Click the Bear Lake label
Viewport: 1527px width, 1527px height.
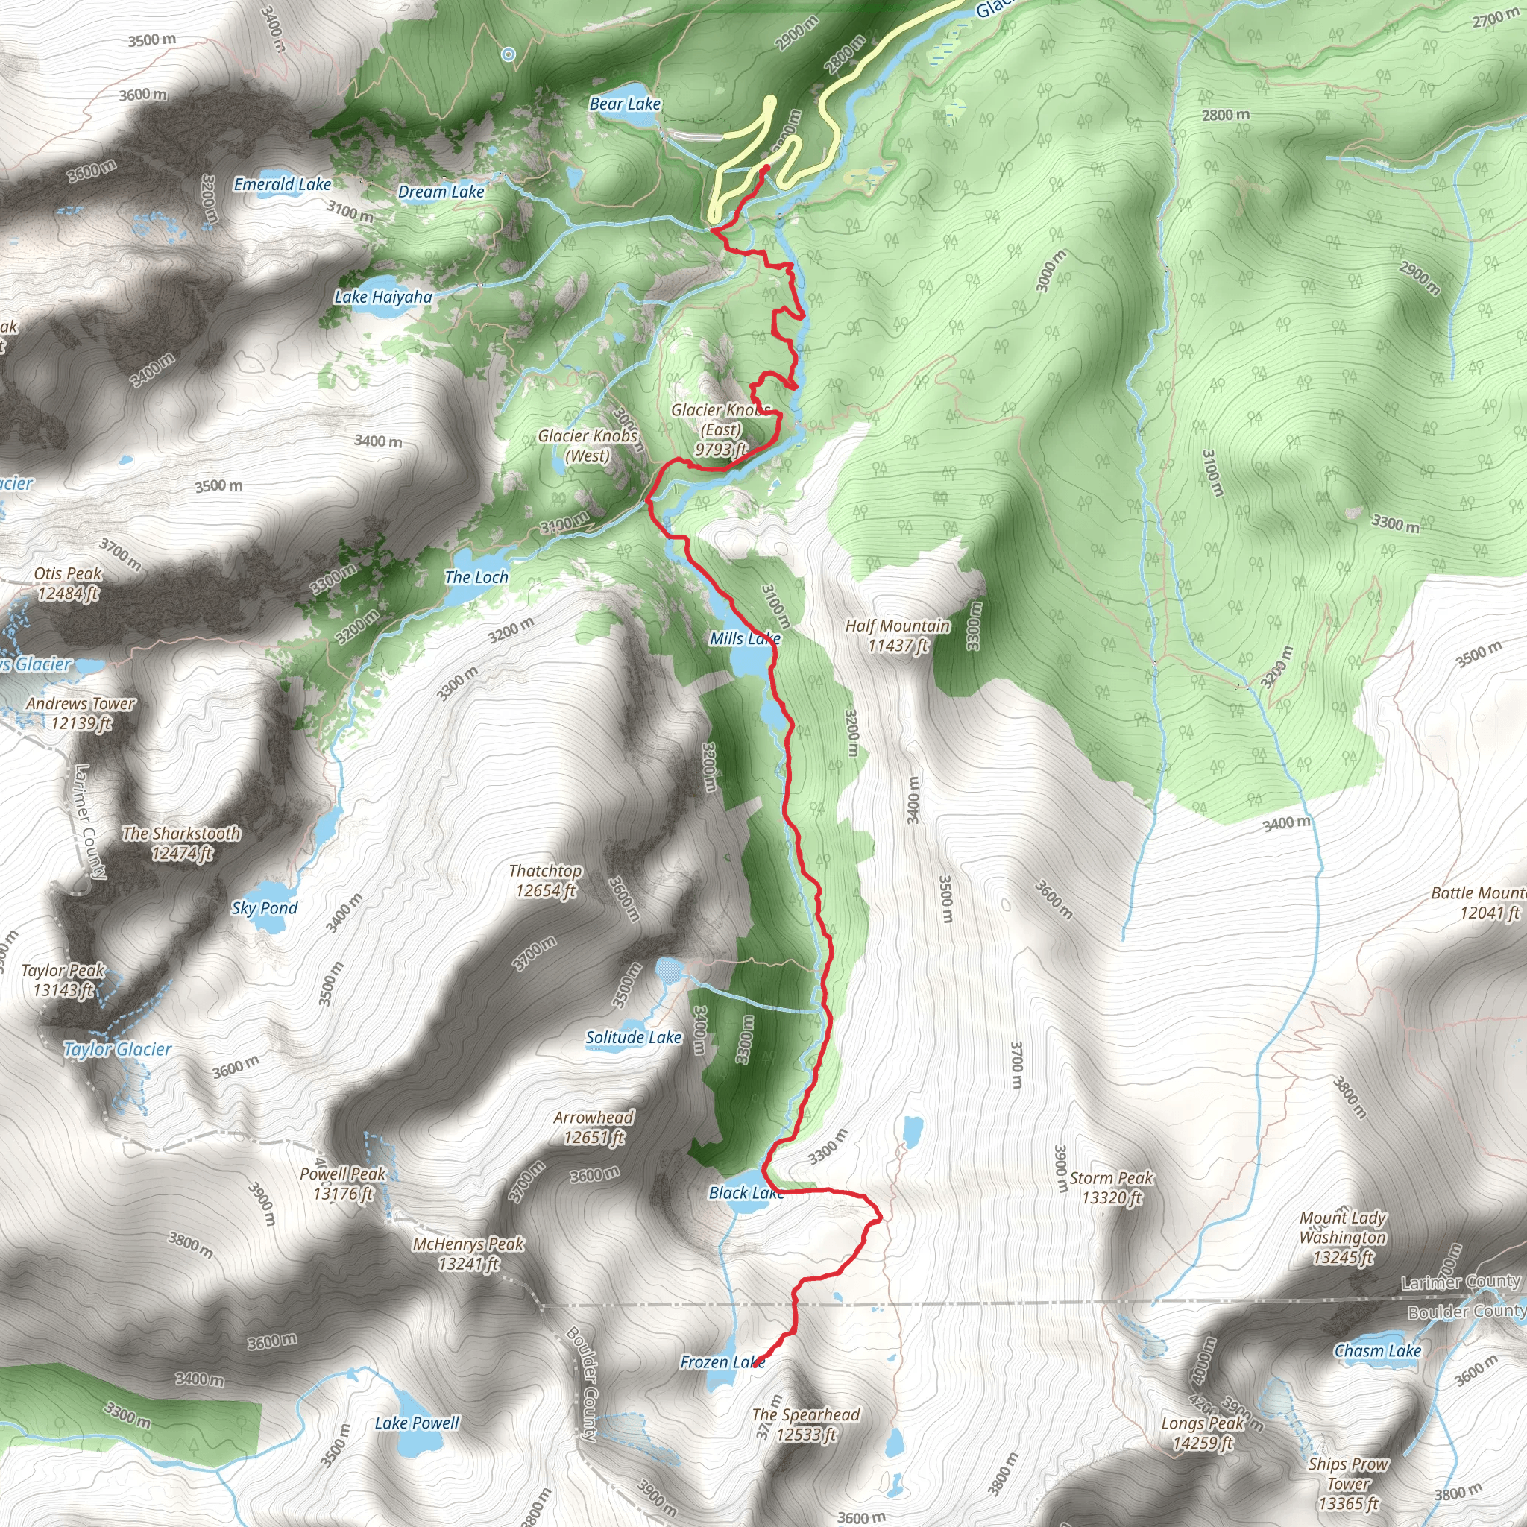point(624,104)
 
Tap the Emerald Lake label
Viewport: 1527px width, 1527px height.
point(282,184)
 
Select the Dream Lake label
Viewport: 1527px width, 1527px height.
point(441,192)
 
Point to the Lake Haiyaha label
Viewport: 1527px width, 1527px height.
point(383,297)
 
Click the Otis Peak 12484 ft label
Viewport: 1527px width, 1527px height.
point(67,583)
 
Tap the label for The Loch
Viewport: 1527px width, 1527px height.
point(476,577)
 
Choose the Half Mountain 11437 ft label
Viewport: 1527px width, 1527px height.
point(898,635)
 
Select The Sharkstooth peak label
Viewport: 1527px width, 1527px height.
point(181,843)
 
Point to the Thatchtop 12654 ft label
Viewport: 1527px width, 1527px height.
point(545,881)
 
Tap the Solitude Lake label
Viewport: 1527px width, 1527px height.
point(633,1037)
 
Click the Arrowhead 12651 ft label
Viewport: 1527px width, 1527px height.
point(594,1127)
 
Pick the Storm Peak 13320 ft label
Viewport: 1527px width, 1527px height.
point(1111,1188)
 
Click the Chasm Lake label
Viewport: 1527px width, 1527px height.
point(1378,1351)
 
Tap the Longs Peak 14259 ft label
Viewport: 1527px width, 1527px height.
point(1202,1433)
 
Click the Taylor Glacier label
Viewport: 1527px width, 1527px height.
point(117,1049)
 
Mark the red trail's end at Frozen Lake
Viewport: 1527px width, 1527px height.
point(760,1361)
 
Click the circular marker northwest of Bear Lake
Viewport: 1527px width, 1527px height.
point(509,54)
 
